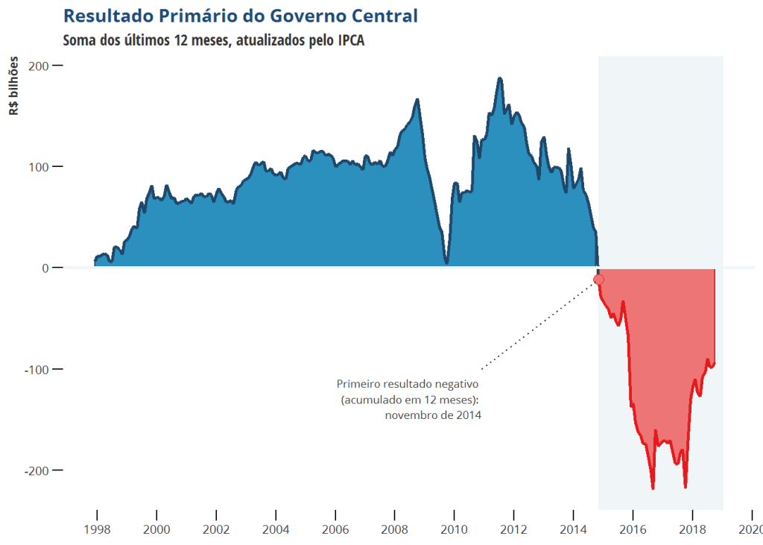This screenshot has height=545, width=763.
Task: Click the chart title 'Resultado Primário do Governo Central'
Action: coord(241,16)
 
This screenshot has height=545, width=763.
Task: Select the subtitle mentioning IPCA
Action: coord(214,40)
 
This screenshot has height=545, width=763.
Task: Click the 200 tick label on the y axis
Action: coord(39,66)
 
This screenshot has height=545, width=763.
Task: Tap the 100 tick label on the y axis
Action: coord(39,166)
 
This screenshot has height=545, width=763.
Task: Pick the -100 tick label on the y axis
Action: coord(37,369)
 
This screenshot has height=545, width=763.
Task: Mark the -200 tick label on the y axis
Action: coord(37,470)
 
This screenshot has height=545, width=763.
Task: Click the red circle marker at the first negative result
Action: coord(598,280)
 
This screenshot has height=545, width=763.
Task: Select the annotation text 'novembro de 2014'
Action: coord(433,415)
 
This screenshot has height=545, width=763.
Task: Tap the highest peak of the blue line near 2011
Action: coord(500,78)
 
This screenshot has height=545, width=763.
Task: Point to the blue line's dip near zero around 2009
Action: coord(446,262)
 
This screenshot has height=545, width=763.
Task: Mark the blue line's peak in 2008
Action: coord(417,100)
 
